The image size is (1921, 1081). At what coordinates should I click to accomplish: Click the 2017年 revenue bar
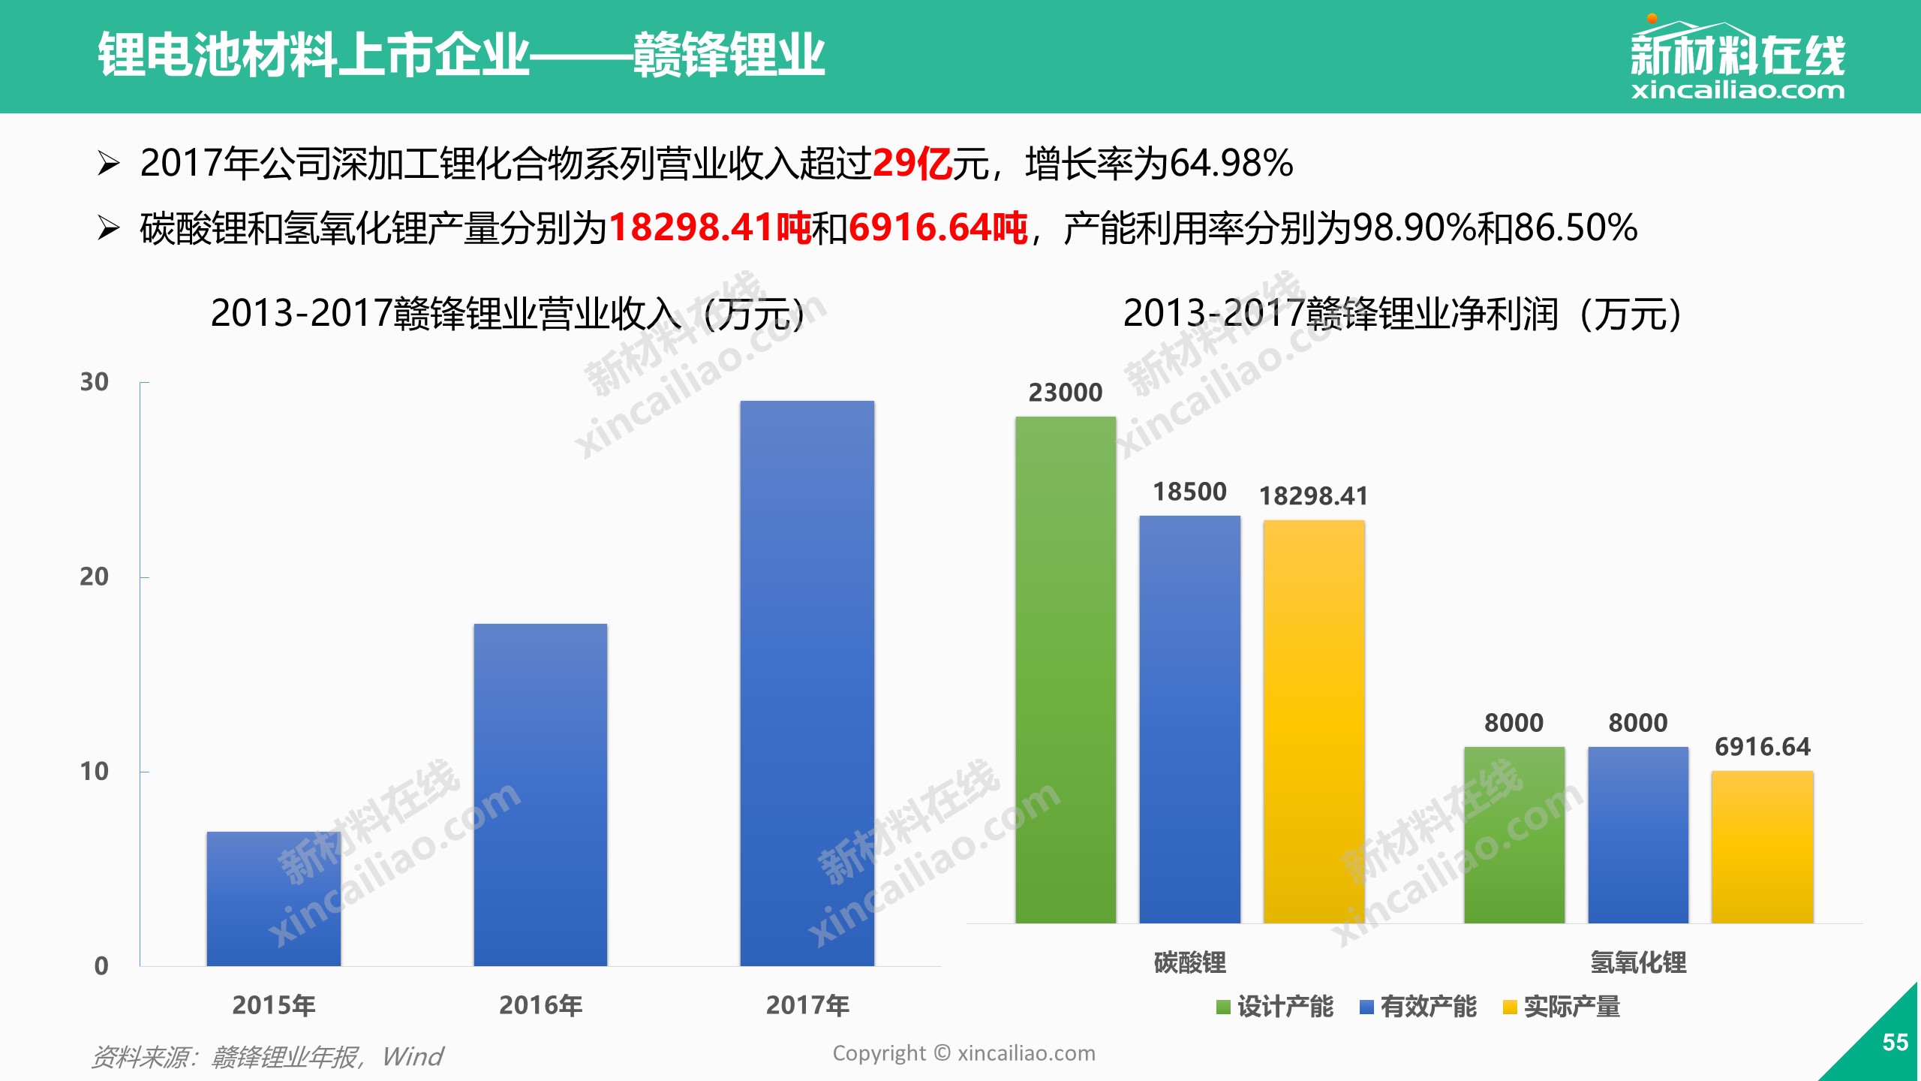click(807, 683)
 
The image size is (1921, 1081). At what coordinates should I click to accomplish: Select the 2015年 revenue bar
click(273, 899)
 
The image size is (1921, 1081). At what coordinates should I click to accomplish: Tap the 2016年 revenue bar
click(540, 795)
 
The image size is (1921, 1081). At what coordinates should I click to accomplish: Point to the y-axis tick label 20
click(94, 577)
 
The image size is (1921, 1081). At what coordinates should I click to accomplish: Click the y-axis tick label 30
click(94, 381)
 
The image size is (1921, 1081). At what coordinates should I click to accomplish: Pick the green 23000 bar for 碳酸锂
click(1066, 670)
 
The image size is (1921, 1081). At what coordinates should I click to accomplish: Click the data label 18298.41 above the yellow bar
click(1313, 496)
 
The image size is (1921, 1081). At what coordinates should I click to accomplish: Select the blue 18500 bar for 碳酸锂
click(1189, 719)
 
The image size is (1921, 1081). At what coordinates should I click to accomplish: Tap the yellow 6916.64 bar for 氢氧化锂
click(1762, 847)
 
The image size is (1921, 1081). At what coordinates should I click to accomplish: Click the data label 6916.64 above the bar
click(1763, 747)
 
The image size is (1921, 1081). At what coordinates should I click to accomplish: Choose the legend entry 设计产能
click(1275, 1007)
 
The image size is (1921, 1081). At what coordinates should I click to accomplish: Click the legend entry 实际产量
click(1562, 1007)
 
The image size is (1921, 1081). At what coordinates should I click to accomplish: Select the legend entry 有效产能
click(1418, 1007)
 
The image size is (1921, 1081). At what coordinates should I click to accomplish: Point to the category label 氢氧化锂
click(1638, 962)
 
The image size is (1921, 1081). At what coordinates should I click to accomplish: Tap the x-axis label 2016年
click(540, 1005)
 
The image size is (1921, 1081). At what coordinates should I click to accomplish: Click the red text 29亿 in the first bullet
click(912, 163)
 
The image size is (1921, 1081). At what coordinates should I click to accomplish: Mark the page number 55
click(1895, 1042)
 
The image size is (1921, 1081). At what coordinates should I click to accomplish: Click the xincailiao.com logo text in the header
click(1737, 90)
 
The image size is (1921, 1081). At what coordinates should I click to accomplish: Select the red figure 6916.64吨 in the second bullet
click(938, 227)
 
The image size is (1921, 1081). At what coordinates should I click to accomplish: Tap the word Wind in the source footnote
click(413, 1056)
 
